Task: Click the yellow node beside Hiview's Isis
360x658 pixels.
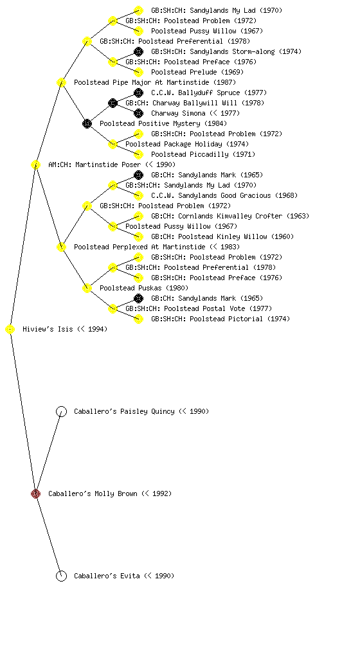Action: (10, 330)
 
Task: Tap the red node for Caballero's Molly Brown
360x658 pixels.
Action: (35, 494)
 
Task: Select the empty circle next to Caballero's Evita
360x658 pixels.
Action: (61, 576)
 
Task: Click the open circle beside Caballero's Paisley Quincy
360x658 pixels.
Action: (61, 412)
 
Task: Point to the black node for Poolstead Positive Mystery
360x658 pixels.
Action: (87, 124)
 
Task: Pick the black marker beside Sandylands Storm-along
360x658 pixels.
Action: (138, 51)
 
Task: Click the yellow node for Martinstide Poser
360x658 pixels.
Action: (35, 165)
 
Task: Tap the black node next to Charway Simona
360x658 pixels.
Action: (138, 113)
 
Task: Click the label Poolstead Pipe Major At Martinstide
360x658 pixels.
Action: (141, 82)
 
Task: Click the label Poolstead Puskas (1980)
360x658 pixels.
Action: (144, 288)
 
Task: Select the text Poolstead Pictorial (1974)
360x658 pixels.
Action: (240, 319)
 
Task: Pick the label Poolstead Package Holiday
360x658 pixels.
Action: (174, 144)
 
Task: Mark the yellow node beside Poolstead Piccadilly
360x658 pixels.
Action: (138, 154)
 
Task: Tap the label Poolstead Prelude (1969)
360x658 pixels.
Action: (197, 72)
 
